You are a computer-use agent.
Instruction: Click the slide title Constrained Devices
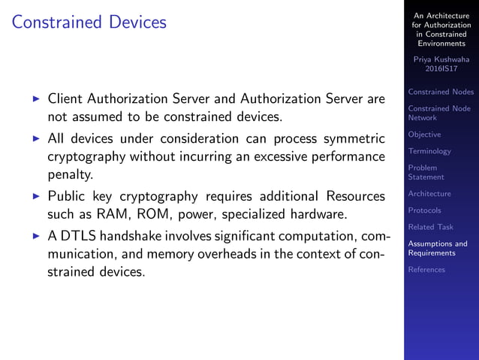tap(89, 23)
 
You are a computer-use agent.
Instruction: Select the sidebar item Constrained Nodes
tap(441, 92)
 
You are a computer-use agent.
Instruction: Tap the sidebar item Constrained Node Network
tap(439, 113)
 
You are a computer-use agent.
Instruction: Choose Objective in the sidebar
tap(424, 135)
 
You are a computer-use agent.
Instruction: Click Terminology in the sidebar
tap(429, 151)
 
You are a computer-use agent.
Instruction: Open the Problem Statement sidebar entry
tap(426, 172)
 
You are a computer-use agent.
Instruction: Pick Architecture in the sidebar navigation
tap(429, 194)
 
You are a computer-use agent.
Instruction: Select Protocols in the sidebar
tap(424, 210)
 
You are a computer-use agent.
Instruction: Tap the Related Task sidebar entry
tap(430, 227)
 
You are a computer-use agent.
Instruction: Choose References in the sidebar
tap(426, 270)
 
